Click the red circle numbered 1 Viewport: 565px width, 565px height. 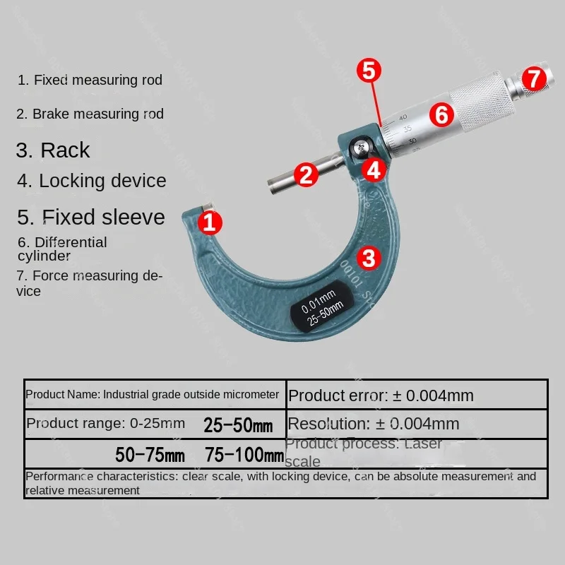click(x=209, y=224)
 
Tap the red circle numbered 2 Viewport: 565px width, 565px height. click(x=306, y=174)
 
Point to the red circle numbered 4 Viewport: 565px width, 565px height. click(x=375, y=169)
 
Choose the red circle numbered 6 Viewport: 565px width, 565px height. click(x=441, y=114)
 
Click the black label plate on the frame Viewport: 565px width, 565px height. click(x=322, y=306)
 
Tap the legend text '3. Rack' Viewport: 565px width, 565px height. click(x=53, y=150)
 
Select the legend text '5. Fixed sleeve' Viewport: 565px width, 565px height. click(x=91, y=217)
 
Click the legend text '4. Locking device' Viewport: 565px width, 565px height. click(x=92, y=181)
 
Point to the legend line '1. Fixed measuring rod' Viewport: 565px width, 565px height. click(x=90, y=80)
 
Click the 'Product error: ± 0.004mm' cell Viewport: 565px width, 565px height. click(x=381, y=395)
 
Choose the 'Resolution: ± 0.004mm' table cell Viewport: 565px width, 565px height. click(x=374, y=424)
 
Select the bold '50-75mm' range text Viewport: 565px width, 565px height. click(x=150, y=453)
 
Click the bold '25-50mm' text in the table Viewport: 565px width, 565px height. click(x=238, y=425)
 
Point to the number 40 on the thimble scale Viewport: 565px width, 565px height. click(x=403, y=117)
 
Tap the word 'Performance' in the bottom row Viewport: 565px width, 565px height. click(x=55, y=477)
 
